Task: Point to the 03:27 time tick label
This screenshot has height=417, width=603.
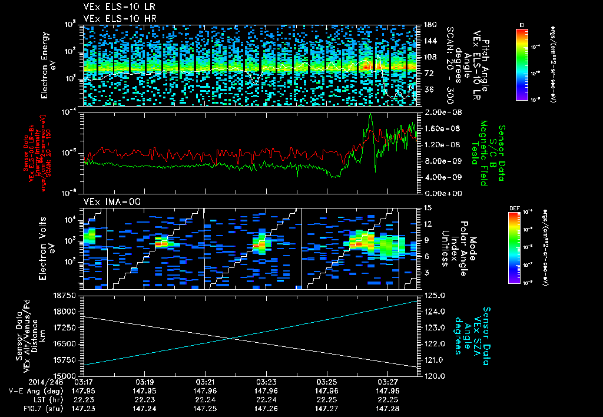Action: pyautogui.click(x=387, y=382)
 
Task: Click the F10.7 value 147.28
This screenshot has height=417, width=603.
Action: pyautogui.click(x=387, y=408)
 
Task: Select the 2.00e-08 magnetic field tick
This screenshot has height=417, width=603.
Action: pyautogui.click(x=438, y=112)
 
